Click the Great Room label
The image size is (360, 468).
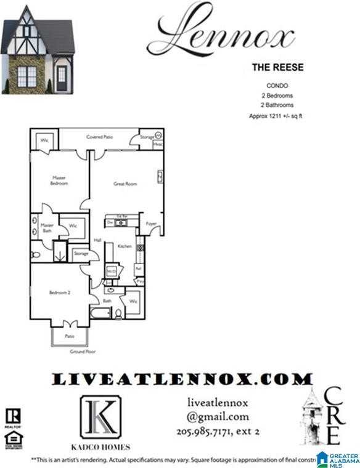(125, 184)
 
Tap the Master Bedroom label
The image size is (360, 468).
(59, 180)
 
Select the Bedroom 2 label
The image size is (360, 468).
(60, 293)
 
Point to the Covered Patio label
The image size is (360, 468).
(98, 137)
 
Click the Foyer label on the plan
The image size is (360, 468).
(151, 224)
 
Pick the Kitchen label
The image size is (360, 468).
(125, 246)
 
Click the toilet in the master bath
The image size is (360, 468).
(36, 253)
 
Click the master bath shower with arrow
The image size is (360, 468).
(60, 252)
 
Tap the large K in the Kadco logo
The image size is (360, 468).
(100, 416)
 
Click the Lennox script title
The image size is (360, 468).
(224, 33)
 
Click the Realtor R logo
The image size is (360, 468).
(12, 416)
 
